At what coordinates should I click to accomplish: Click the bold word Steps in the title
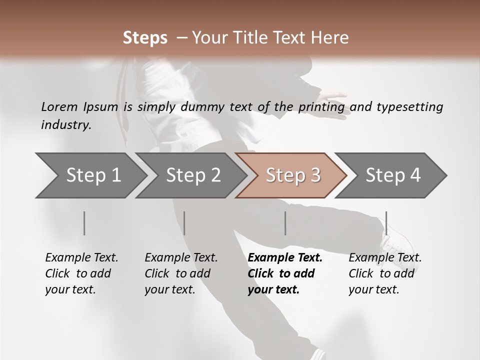click(x=145, y=38)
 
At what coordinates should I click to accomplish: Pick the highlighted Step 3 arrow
click(x=292, y=175)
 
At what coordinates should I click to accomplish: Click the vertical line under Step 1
click(x=84, y=223)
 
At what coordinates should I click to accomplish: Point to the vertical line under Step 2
click(x=184, y=223)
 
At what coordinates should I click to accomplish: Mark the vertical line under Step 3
click(x=285, y=223)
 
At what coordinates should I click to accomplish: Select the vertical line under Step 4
click(x=386, y=223)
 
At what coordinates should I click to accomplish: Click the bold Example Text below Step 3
click(x=285, y=258)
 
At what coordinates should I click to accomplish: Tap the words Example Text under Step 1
click(x=81, y=258)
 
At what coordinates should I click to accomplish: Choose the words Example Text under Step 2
click(x=181, y=258)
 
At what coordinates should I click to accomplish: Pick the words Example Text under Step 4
click(x=385, y=258)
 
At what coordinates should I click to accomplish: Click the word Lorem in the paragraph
click(x=59, y=106)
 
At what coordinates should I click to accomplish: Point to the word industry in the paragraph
click(x=65, y=125)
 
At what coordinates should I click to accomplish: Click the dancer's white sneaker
click(x=395, y=242)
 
